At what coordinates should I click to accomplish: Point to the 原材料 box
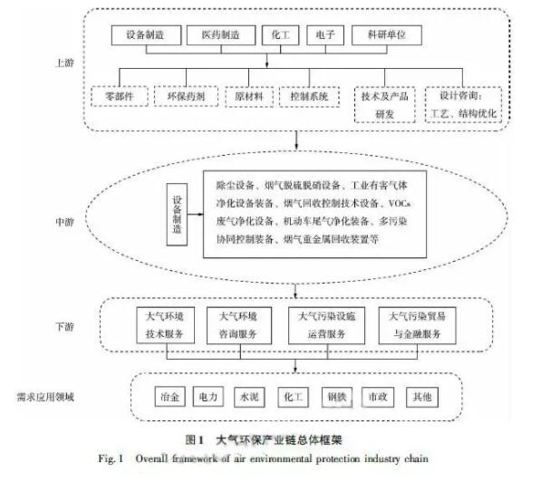(x=243, y=95)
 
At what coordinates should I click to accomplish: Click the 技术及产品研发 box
(x=385, y=102)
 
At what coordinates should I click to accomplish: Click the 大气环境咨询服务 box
(x=239, y=325)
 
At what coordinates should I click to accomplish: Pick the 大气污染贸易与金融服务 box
(x=416, y=325)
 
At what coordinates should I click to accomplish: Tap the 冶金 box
(x=168, y=396)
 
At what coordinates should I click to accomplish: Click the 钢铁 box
(x=337, y=396)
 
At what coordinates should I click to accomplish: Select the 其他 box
(x=423, y=396)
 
